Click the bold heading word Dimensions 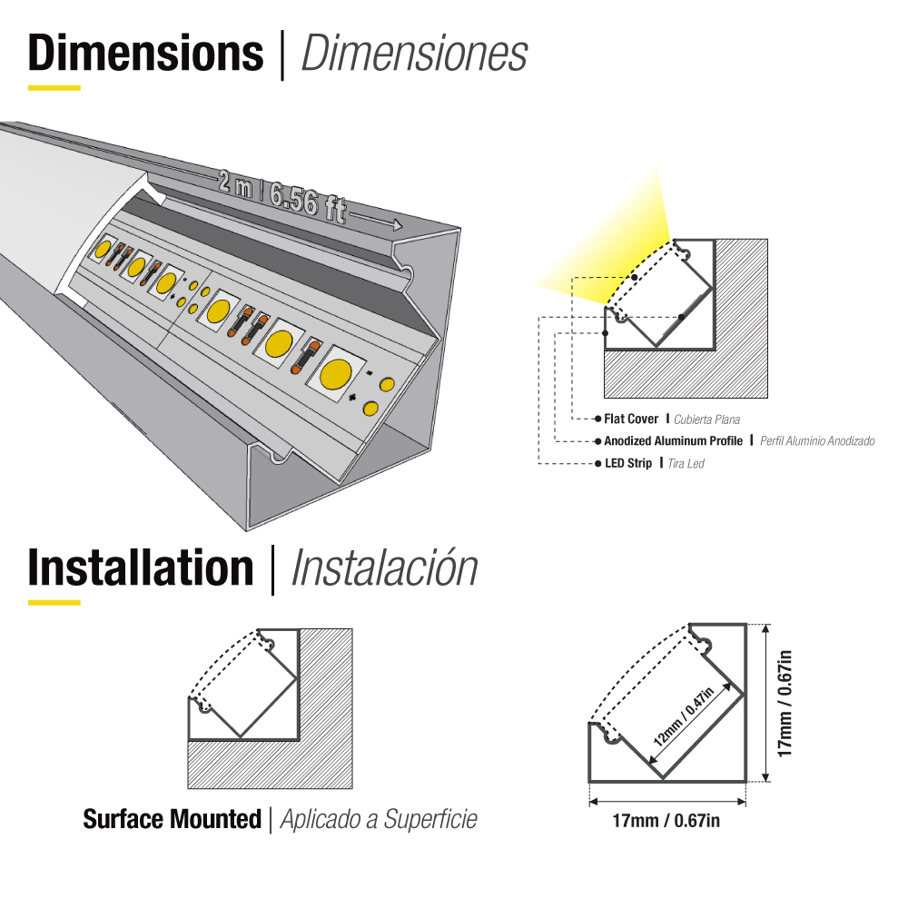(145, 54)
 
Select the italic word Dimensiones (414, 54)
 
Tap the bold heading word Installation (141, 567)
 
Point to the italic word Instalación (384, 567)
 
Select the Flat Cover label (631, 419)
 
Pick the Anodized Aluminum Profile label (674, 441)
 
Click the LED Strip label (627, 464)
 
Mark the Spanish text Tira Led (686, 464)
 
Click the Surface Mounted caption (172, 820)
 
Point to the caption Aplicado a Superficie (379, 820)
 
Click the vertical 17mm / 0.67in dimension (786, 703)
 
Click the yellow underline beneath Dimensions (54, 88)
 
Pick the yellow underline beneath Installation (54, 602)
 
